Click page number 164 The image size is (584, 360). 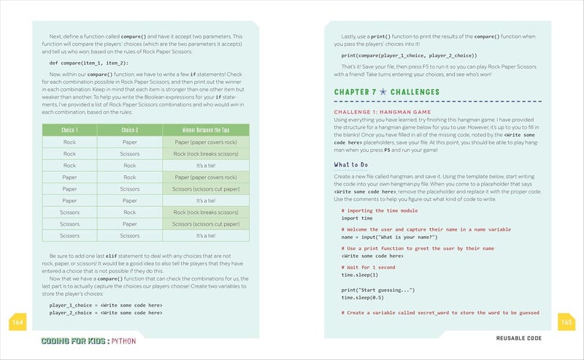pyautogui.click(x=18, y=321)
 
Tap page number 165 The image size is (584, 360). pyautogui.click(x=566, y=321)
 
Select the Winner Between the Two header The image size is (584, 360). pyautogui.click(x=206, y=130)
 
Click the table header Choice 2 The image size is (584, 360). pyautogui.click(x=129, y=130)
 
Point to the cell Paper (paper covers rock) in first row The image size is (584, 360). pyautogui.click(x=206, y=142)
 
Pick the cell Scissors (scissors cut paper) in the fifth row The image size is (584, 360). pyautogui.click(x=206, y=189)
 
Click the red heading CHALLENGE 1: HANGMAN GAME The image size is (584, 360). pyautogui.click(x=383, y=111)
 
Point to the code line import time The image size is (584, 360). pyautogui.click(x=357, y=218)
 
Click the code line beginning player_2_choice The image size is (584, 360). pyautogui.click(x=106, y=312)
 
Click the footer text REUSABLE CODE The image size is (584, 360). pyautogui.click(x=523, y=339)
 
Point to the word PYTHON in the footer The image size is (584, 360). pyautogui.click(x=123, y=341)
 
